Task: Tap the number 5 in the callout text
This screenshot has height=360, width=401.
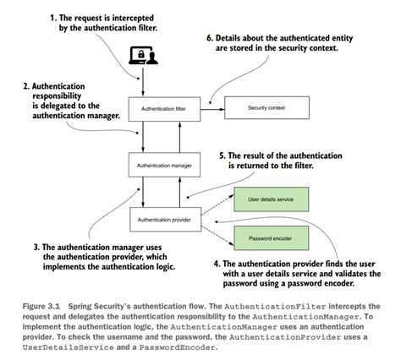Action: coord(222,155)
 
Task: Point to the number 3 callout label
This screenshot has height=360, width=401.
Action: coord(36,247)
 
